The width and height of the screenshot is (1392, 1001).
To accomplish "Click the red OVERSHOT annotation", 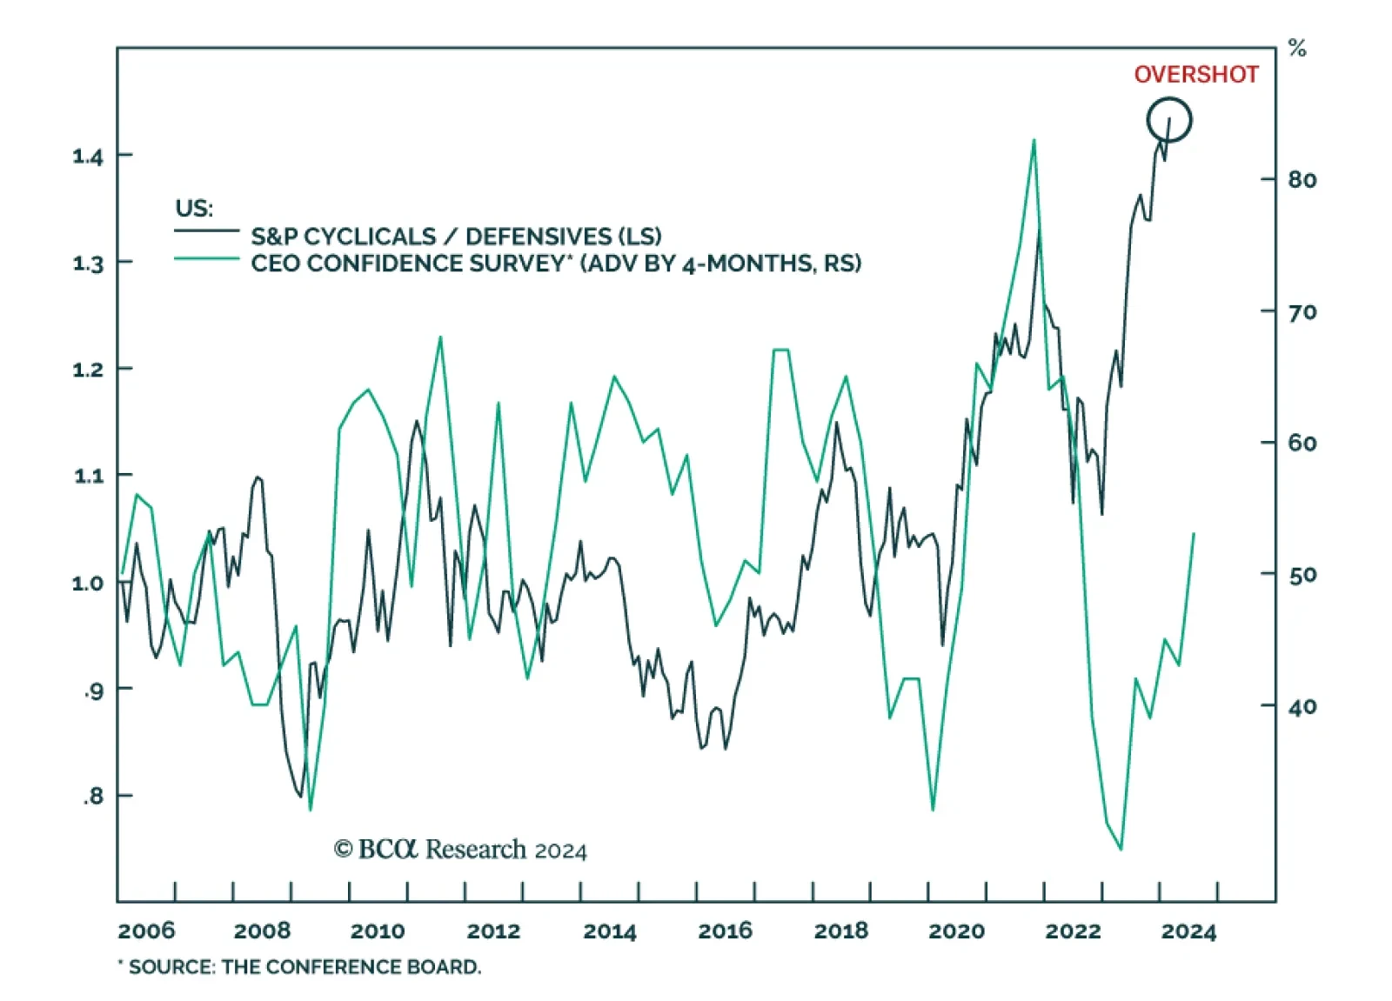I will tap(1195, 75).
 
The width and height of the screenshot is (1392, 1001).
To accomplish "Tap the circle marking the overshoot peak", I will tap(1168, 120).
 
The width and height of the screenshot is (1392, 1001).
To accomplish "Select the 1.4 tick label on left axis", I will tap(88, 157).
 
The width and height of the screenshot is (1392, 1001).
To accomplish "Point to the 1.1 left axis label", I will tap(88, 476).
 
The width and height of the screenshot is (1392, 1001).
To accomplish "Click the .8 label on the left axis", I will tap(92, 796).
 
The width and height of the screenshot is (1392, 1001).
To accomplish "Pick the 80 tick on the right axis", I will tap(1302, 180).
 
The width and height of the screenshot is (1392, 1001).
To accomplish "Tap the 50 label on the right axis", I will tap(1302, 575).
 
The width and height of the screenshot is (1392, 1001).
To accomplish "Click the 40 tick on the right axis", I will tap(1302, 707).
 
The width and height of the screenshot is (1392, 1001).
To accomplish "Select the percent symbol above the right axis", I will tap(1297, 49).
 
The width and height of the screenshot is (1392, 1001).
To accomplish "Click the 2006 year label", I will tap(146, 931).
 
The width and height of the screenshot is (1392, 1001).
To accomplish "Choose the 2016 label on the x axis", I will tap(726, 931).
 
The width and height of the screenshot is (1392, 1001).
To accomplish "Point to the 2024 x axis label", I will tap(1188, 931).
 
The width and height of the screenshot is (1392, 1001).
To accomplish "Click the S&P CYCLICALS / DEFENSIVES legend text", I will tap(456, 237).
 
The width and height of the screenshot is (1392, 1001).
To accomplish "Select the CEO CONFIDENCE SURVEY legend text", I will tap(556, 264).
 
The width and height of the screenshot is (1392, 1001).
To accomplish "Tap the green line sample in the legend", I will tap(206, 258).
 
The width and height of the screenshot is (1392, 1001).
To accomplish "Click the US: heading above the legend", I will tap(194, 209).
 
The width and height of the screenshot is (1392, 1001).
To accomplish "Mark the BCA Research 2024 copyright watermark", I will tap(460, 850).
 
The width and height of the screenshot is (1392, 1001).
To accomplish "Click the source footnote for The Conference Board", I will tap(300, 967).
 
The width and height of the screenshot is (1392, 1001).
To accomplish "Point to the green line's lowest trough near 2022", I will tap(1121, 849).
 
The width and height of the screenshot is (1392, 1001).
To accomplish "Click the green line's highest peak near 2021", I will tap(1034, 140).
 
